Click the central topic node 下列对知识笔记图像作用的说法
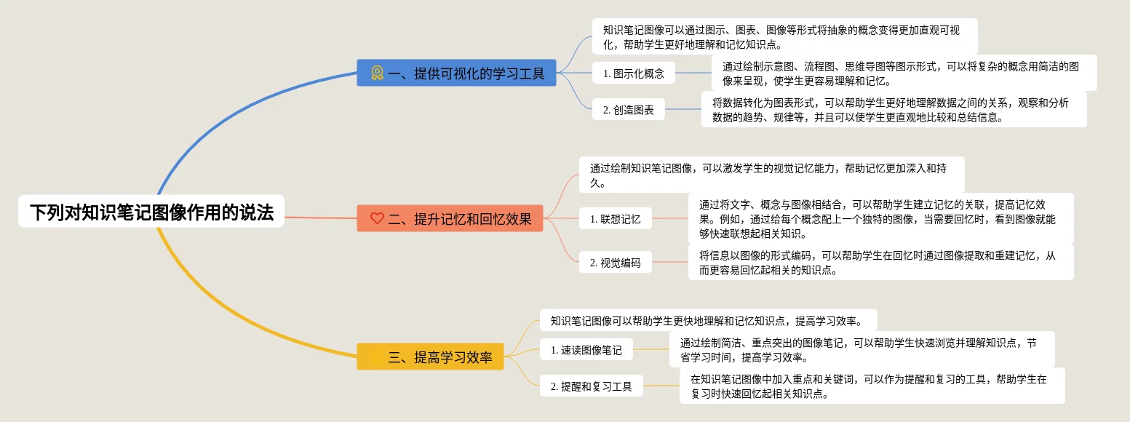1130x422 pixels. pyautogui.click(x=151, y=212)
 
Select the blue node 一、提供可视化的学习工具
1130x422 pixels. pyautogui.click(x=456, y=73)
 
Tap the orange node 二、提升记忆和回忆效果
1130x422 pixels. pyautogui.click(x=450, y=218)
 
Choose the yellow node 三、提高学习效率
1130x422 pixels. pyautogui.click(x=430, y=357)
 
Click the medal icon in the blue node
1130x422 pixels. pyautogui.click(x=377, y=73)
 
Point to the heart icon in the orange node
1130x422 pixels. pyautogui.click(x=377, y=218)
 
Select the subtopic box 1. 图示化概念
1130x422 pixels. pyautogui.click(x=628, y=73)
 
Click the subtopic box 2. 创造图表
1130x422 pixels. pyautogui.click(x=628, y=110)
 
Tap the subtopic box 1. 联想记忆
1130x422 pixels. pyautogui.click(x=615, y=218)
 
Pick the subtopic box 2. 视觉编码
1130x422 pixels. pyautogui.click(x=615, y=263)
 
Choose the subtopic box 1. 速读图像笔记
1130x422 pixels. pyautogui.click(x=586, y=350)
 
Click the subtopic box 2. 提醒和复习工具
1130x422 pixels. pyautogui.click(x=591, y=386)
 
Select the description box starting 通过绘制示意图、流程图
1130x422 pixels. pyautogui.click(x=903, y=73)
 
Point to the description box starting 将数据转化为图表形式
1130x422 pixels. pyautogui.click(x=894, y=109)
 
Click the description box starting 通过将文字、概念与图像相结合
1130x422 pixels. pyautogui.click(x=880, y=218)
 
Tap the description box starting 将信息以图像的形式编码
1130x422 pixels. pyautogui.click(x=880, y=262)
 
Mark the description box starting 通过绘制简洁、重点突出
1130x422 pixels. pyautogui.click(x=862, y=349)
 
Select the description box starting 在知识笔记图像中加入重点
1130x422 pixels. pyautogui.click(x=872, y=386)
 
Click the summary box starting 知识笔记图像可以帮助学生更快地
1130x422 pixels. pyautogui.click(x=708, y=320)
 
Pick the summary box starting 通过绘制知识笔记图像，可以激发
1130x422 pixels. pyautogui.click(x=771, y=175)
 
